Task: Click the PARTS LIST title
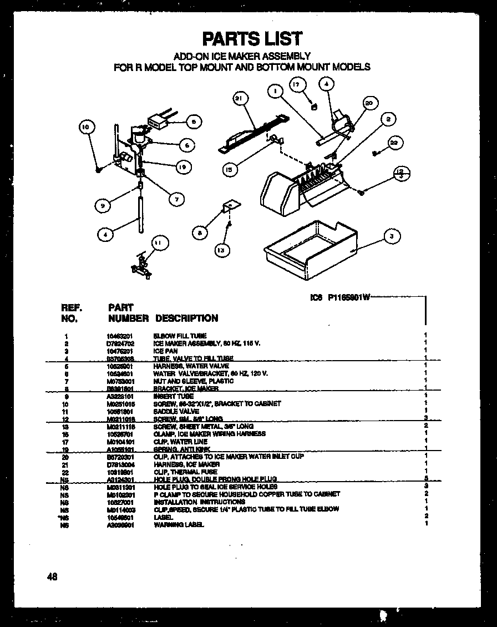pyautogui.click(x=252, y=38)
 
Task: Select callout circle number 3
pyautogui.click(x=392, y=236)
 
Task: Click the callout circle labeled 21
pyautogui.click(x=239, y=99)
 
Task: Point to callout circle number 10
pyautogui.click(x=85, y=127)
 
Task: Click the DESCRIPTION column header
pyautogui.click(x=186, y=318)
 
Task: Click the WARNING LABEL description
pyautogui.click(x=179, y=524)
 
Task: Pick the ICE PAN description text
pyautogui.click(x=165, y=351)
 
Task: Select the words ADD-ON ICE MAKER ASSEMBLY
pyautogui.click(x=242, y=56)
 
